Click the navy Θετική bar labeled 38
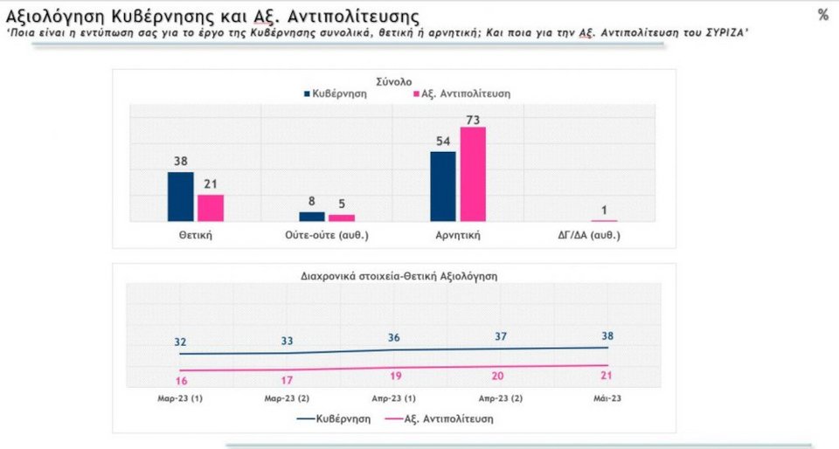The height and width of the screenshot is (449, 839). (x=180, y=197)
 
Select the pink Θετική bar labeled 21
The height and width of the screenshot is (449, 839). (x=211, y=208)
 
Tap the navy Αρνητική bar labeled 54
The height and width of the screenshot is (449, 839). (x=443, y=186)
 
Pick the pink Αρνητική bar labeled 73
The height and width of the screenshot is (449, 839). (x=473, y=174)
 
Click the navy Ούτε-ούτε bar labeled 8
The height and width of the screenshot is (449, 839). (x=312, y=216)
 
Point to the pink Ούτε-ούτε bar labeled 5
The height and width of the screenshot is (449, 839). (x=342, y=218)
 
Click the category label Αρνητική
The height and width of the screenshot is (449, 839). (x=458, y=236)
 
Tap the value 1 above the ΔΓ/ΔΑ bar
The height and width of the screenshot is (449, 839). (x=603, y=209)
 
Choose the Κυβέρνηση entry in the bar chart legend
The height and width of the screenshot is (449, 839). (x=336, y=93)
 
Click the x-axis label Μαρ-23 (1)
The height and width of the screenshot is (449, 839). (x=179, y=398)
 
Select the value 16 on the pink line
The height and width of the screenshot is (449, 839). (x=182, y=382)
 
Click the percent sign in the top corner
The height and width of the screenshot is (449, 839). (x=822, y=16)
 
